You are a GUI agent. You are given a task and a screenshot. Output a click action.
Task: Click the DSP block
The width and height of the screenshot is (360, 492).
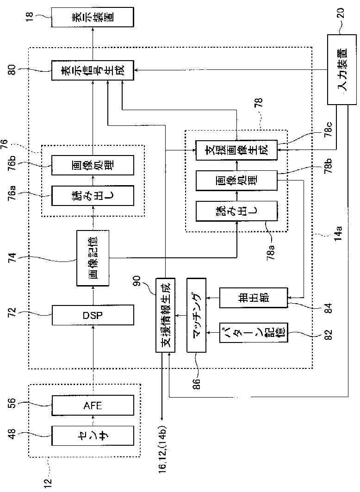(93, 315)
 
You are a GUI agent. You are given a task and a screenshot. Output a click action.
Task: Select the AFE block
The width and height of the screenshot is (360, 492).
(93, 406)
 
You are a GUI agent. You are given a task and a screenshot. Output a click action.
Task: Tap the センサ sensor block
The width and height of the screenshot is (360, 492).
(93, 436)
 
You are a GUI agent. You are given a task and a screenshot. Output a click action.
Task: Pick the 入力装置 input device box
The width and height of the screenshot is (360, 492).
(342, 69)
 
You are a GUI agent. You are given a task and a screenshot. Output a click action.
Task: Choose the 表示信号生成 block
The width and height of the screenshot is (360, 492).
(93, 70)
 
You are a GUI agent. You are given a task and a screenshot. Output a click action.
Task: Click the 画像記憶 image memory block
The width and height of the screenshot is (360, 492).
(93, 258)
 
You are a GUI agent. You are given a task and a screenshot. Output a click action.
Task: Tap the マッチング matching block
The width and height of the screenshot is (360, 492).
(196, 315)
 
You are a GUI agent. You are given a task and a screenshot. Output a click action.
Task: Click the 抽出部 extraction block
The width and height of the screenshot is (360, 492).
(254, 298)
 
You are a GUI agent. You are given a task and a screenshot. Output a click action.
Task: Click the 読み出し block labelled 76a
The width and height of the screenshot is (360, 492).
(93, 195)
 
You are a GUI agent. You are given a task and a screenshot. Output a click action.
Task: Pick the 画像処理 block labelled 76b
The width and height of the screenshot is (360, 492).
(93, 165)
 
